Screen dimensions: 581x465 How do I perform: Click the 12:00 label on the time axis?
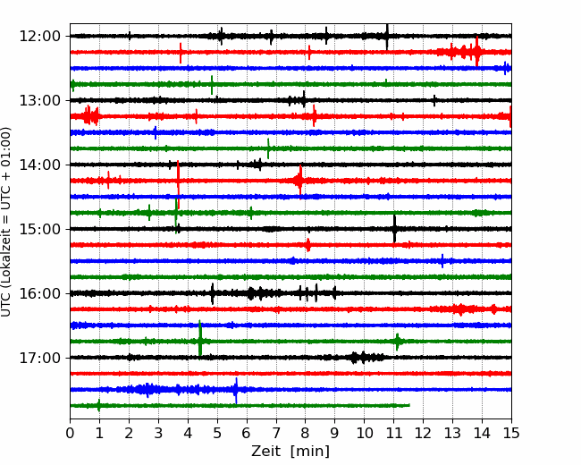[39, 37]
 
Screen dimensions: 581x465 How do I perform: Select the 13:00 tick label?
[39, 100]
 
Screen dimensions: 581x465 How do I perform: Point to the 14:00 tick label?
[39, 165]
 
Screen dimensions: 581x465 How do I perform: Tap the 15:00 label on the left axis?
[39, 229]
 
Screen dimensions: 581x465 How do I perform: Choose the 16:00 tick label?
[39, 293]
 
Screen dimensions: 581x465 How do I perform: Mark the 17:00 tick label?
[39, 358]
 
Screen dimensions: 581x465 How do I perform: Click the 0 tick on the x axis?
[70, 433]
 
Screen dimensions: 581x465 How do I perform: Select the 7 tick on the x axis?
[276, 433]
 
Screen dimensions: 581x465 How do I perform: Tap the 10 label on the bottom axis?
[364, 433]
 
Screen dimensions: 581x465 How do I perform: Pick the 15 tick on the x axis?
[511, 433]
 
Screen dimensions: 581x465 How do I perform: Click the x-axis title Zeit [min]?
[290, 452]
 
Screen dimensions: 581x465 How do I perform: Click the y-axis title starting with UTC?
[6, 222]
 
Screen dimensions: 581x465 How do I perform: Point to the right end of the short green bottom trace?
[409, 405]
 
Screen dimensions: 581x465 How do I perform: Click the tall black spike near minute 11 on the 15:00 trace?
[394, 229]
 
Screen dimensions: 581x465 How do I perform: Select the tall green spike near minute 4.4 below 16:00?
[200, 339]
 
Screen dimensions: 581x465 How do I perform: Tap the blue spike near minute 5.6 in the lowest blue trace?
[236, 391]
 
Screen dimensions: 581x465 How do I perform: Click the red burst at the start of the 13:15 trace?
[90, 115]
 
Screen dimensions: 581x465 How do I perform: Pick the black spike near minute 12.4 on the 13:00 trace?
[434, 100]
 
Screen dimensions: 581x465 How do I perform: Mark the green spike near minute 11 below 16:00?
[398, 342]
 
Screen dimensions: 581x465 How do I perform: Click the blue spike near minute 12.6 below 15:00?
[442, 261]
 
